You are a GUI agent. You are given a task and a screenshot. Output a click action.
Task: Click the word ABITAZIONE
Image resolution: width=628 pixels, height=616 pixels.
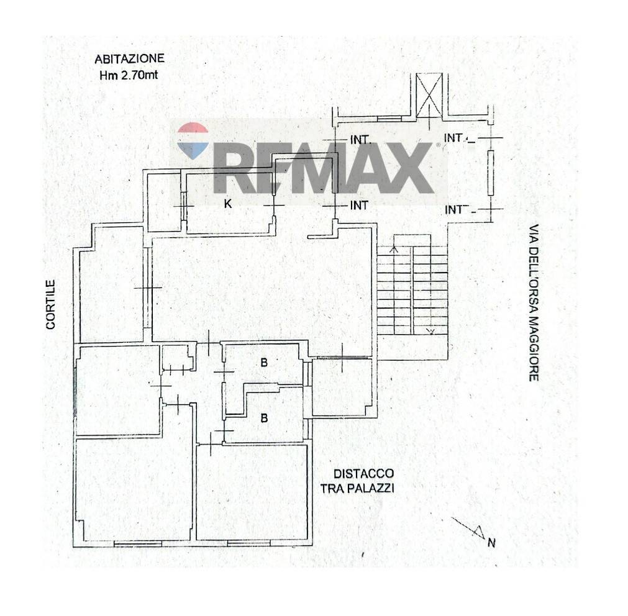click(129, 59)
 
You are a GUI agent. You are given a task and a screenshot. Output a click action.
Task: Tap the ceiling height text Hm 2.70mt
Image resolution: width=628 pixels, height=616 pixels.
click(129, 75)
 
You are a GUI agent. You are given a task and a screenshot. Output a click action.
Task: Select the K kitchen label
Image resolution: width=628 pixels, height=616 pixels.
click(227, 204)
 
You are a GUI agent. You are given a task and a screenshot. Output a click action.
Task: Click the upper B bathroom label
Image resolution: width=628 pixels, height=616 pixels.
click(264, 363)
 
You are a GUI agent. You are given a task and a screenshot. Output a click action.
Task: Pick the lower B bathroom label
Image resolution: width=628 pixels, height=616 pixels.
click(264, 419)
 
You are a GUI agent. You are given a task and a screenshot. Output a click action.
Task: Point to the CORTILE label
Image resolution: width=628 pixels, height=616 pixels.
click(50, 305)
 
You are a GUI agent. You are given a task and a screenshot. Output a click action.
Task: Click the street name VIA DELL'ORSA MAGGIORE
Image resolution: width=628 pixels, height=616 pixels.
click(534, 302)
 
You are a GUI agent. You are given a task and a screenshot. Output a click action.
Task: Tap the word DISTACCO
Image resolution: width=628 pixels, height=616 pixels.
click(363, 474)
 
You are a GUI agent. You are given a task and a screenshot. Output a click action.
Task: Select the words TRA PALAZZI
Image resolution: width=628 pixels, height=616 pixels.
click(357, 488)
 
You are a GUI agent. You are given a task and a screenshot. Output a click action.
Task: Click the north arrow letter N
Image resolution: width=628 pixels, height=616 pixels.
click(491, 543)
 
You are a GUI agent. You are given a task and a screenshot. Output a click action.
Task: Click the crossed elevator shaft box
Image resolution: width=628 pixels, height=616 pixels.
click(429, 96)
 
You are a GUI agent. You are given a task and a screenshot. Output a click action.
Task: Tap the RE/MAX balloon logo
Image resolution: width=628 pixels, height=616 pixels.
click(193, 141)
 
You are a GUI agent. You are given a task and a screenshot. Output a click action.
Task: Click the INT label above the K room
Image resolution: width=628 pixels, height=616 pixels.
click(360, 140)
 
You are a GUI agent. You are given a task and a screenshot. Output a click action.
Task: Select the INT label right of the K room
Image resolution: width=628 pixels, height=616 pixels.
click(359, 206)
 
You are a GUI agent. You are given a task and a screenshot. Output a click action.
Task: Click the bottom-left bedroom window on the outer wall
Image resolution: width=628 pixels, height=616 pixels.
click(138, 543)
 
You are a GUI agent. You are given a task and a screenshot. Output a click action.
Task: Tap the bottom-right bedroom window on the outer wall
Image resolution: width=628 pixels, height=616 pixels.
click(249, 543)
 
